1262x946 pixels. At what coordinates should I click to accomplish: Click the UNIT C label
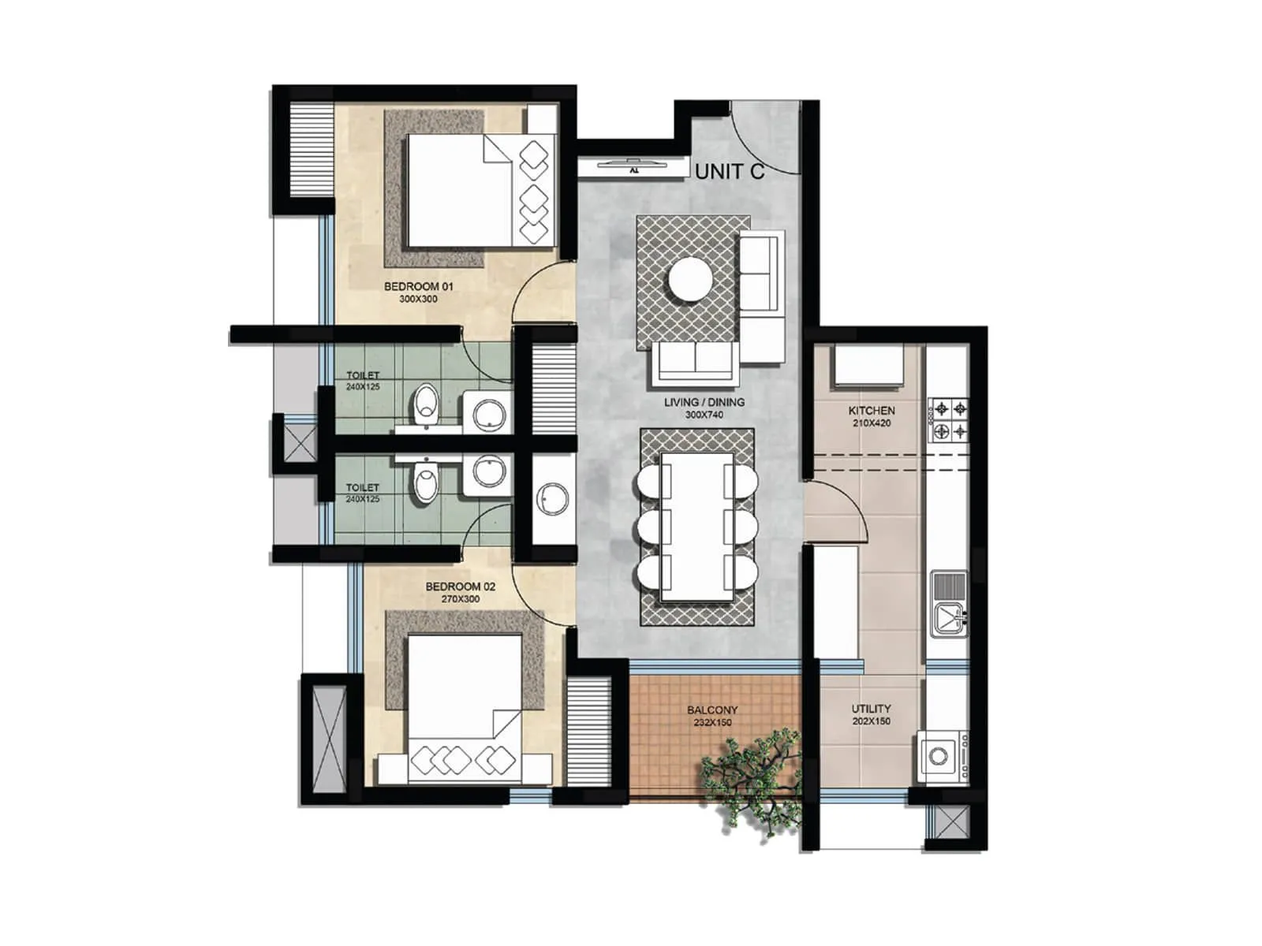tap(730, 171)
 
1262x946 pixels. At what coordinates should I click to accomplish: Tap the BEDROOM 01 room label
tap(419, 286)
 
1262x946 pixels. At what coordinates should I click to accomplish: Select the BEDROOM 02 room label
tap(460, 587)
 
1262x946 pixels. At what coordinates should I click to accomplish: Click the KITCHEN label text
tap(872, 411)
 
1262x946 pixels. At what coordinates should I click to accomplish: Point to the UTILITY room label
tap(871, 709)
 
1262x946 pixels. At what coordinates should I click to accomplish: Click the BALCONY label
tap(712, 710)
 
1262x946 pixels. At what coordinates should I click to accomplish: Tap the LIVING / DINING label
tap(704, 402)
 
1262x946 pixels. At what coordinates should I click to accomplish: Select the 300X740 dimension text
tap(704, 415)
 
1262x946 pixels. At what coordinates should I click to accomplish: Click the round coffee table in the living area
tap(690, 279)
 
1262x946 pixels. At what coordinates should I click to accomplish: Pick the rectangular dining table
tap(697, 527)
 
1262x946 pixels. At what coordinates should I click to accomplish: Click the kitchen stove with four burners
tap(949, 419)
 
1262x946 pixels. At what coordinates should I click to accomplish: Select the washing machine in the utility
tap(940, 756)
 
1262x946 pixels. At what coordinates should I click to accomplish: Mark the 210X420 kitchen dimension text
tap(872, 423)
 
